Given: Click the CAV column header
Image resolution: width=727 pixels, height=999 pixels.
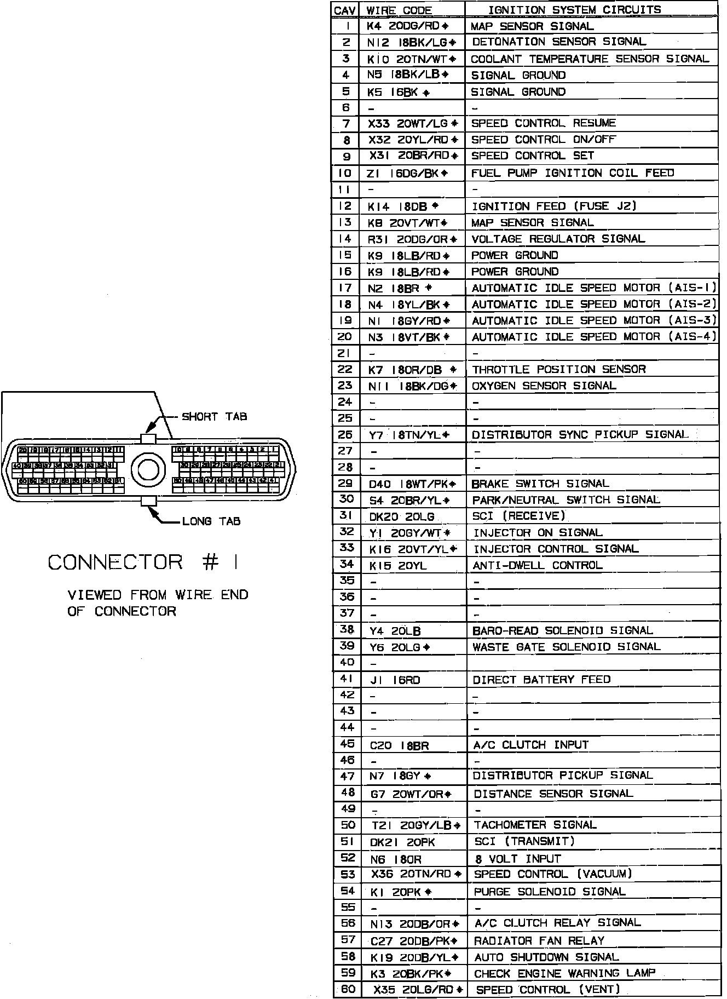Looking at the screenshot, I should coord(345,10).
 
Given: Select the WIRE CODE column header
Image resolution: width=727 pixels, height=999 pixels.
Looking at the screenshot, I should coord(399,10).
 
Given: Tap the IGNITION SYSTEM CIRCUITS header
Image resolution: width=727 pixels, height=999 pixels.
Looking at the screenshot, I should coord(574,10).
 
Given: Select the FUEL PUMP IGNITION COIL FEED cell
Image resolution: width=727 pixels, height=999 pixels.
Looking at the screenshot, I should coord(572,173).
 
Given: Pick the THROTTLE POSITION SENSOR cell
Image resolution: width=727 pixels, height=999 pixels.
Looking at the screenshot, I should coord(558,369).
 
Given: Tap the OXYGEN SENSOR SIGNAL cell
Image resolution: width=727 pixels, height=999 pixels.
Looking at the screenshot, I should coord(544,386).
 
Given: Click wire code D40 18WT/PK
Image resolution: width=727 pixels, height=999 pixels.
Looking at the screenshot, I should coord(412,484).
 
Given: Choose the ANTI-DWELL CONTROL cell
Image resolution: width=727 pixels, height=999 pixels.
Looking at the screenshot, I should coord(537,565).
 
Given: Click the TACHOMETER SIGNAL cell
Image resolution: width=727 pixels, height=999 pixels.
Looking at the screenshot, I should coord(535,825).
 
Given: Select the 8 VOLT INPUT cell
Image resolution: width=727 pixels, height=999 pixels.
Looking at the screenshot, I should coord(517,859).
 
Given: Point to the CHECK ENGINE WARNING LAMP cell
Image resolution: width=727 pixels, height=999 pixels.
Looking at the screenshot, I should coord(564,973).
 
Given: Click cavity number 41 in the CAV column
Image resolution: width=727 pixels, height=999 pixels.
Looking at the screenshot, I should coord(347,679).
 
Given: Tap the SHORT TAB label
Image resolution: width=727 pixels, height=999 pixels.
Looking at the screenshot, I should coord(214,417).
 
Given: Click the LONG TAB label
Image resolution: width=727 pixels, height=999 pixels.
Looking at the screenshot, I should coord(211,521).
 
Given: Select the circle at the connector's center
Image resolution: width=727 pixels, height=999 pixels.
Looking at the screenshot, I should coord(148,469).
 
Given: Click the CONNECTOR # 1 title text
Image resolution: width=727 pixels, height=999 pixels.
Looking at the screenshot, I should coord(143,562).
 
